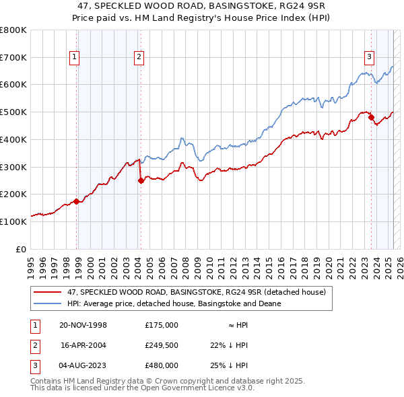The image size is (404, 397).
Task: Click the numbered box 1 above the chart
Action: pos(73,57)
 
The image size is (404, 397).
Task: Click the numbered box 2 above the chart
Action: pos(138,57)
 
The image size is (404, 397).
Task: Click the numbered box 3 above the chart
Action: pos(370,57)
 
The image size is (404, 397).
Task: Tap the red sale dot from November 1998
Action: pos(77,201)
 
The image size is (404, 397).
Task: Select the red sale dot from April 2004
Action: pos(141,180)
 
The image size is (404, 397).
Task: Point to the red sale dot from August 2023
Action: pos(371,117)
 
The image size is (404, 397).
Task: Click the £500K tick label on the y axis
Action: pos(13,112)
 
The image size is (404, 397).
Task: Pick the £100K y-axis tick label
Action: pos(13,221)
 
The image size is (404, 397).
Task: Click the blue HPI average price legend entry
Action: pos(174,303)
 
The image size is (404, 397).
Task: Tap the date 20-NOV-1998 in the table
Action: pos(83,324)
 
